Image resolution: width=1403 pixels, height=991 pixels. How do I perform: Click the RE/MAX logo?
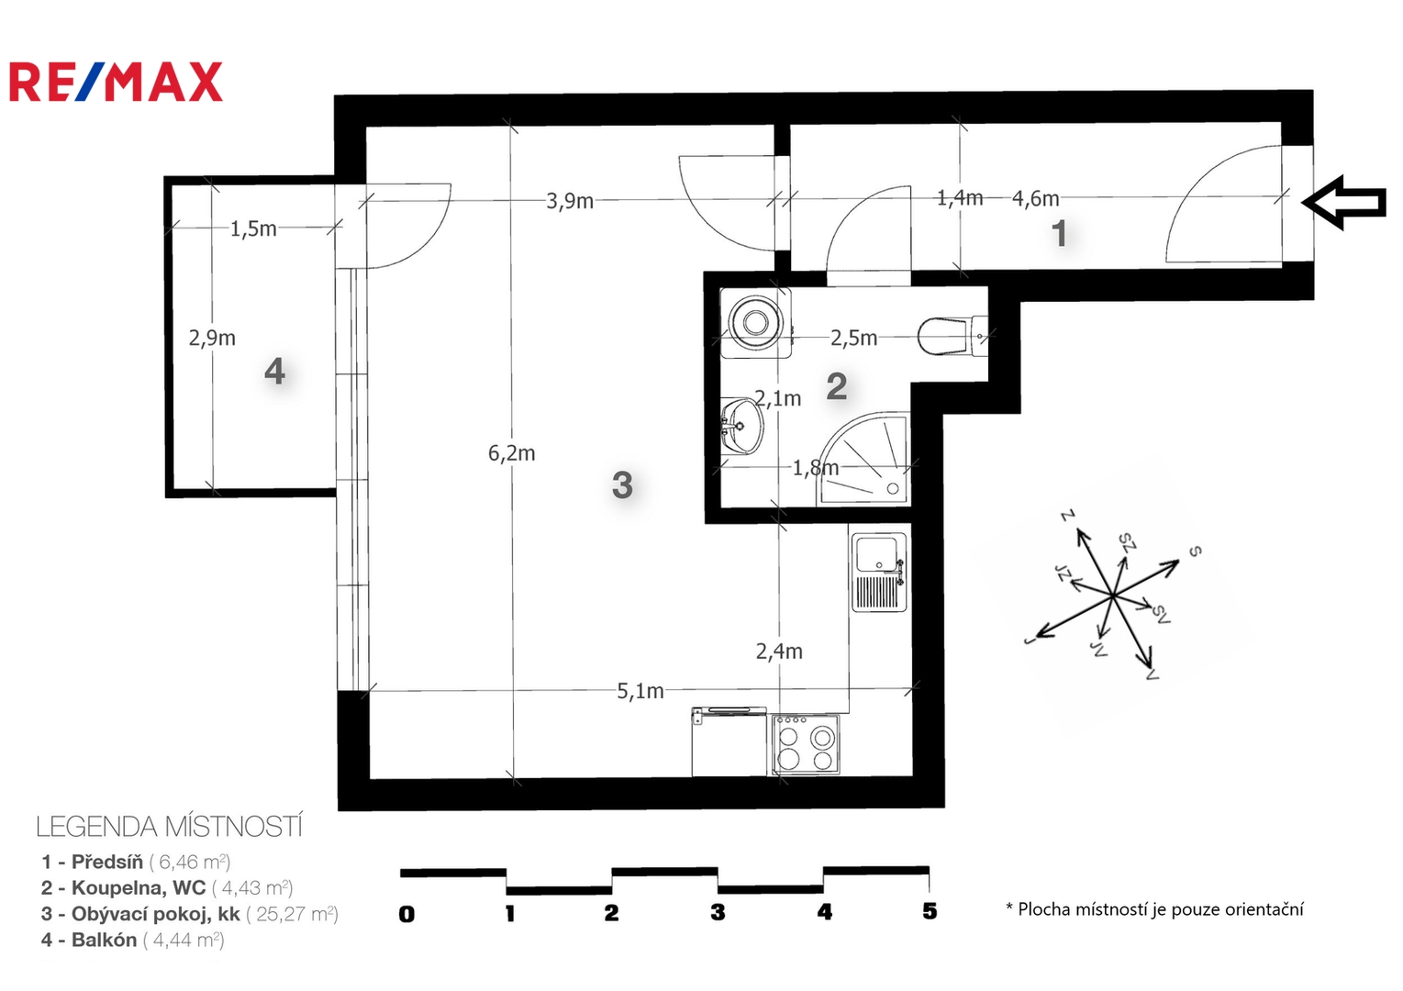coord(116,82)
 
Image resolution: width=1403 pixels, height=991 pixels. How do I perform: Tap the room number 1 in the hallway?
coord(1059,234)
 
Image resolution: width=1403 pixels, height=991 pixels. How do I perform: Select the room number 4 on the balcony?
coord(274,372)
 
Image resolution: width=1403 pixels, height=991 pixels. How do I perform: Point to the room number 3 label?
coord(622,484)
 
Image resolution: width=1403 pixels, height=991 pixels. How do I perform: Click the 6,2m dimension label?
coord(512,453)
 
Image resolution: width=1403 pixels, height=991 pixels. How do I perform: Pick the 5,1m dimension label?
coord(640,691)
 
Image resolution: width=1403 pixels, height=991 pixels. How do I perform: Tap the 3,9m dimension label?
coord(569,201)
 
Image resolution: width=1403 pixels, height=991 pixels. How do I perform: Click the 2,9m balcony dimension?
coord(212,339)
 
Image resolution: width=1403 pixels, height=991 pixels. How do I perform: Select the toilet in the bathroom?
coord(952,336)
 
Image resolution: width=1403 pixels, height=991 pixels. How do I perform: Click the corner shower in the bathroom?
coord(863,458)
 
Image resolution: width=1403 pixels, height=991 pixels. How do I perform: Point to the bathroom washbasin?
coord(741,426)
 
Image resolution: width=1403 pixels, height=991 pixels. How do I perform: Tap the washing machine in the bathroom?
coord(756,323)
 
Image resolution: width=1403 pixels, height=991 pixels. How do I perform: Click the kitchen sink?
coord(879,573)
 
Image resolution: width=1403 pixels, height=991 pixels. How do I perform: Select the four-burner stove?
coord(806,745)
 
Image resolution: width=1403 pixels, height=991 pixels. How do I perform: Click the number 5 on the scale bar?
coord(930,911)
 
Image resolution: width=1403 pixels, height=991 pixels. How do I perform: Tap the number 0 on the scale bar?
coord(406,914)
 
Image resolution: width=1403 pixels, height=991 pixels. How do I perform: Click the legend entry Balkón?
coord(132,941)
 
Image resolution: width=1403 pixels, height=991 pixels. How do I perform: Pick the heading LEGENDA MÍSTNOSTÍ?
coord(169,827)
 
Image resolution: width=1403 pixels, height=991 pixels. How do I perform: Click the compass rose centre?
coord(1112,596)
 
